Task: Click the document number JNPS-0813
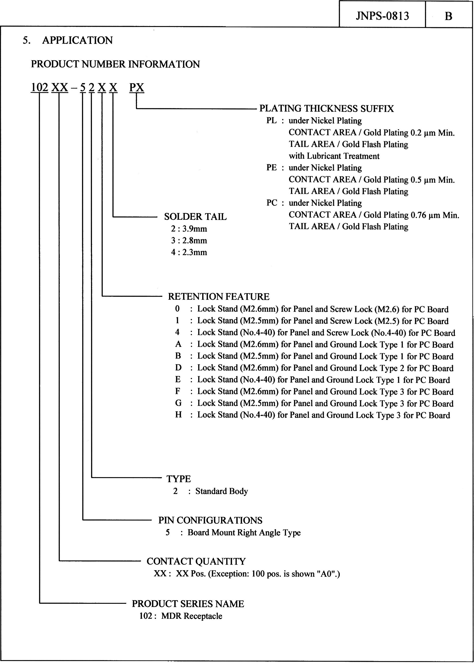click(382, 16)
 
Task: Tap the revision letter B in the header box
click(448, 16)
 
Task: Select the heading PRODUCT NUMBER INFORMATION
click(115, 64)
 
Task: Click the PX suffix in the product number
click(137, 87)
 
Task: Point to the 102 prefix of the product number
click(39, 87)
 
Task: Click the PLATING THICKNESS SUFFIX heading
click(326, 109)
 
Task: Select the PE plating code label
click(271, 168)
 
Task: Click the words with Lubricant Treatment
click(334, 156)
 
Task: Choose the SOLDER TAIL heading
click(195, 217)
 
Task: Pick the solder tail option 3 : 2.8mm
click(189, 241)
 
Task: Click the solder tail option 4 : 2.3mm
click(189, 252)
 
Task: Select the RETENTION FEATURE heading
click(218, 296)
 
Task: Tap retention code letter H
click(178, 415)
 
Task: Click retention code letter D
click(178, 368)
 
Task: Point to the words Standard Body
click(222, 491)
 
